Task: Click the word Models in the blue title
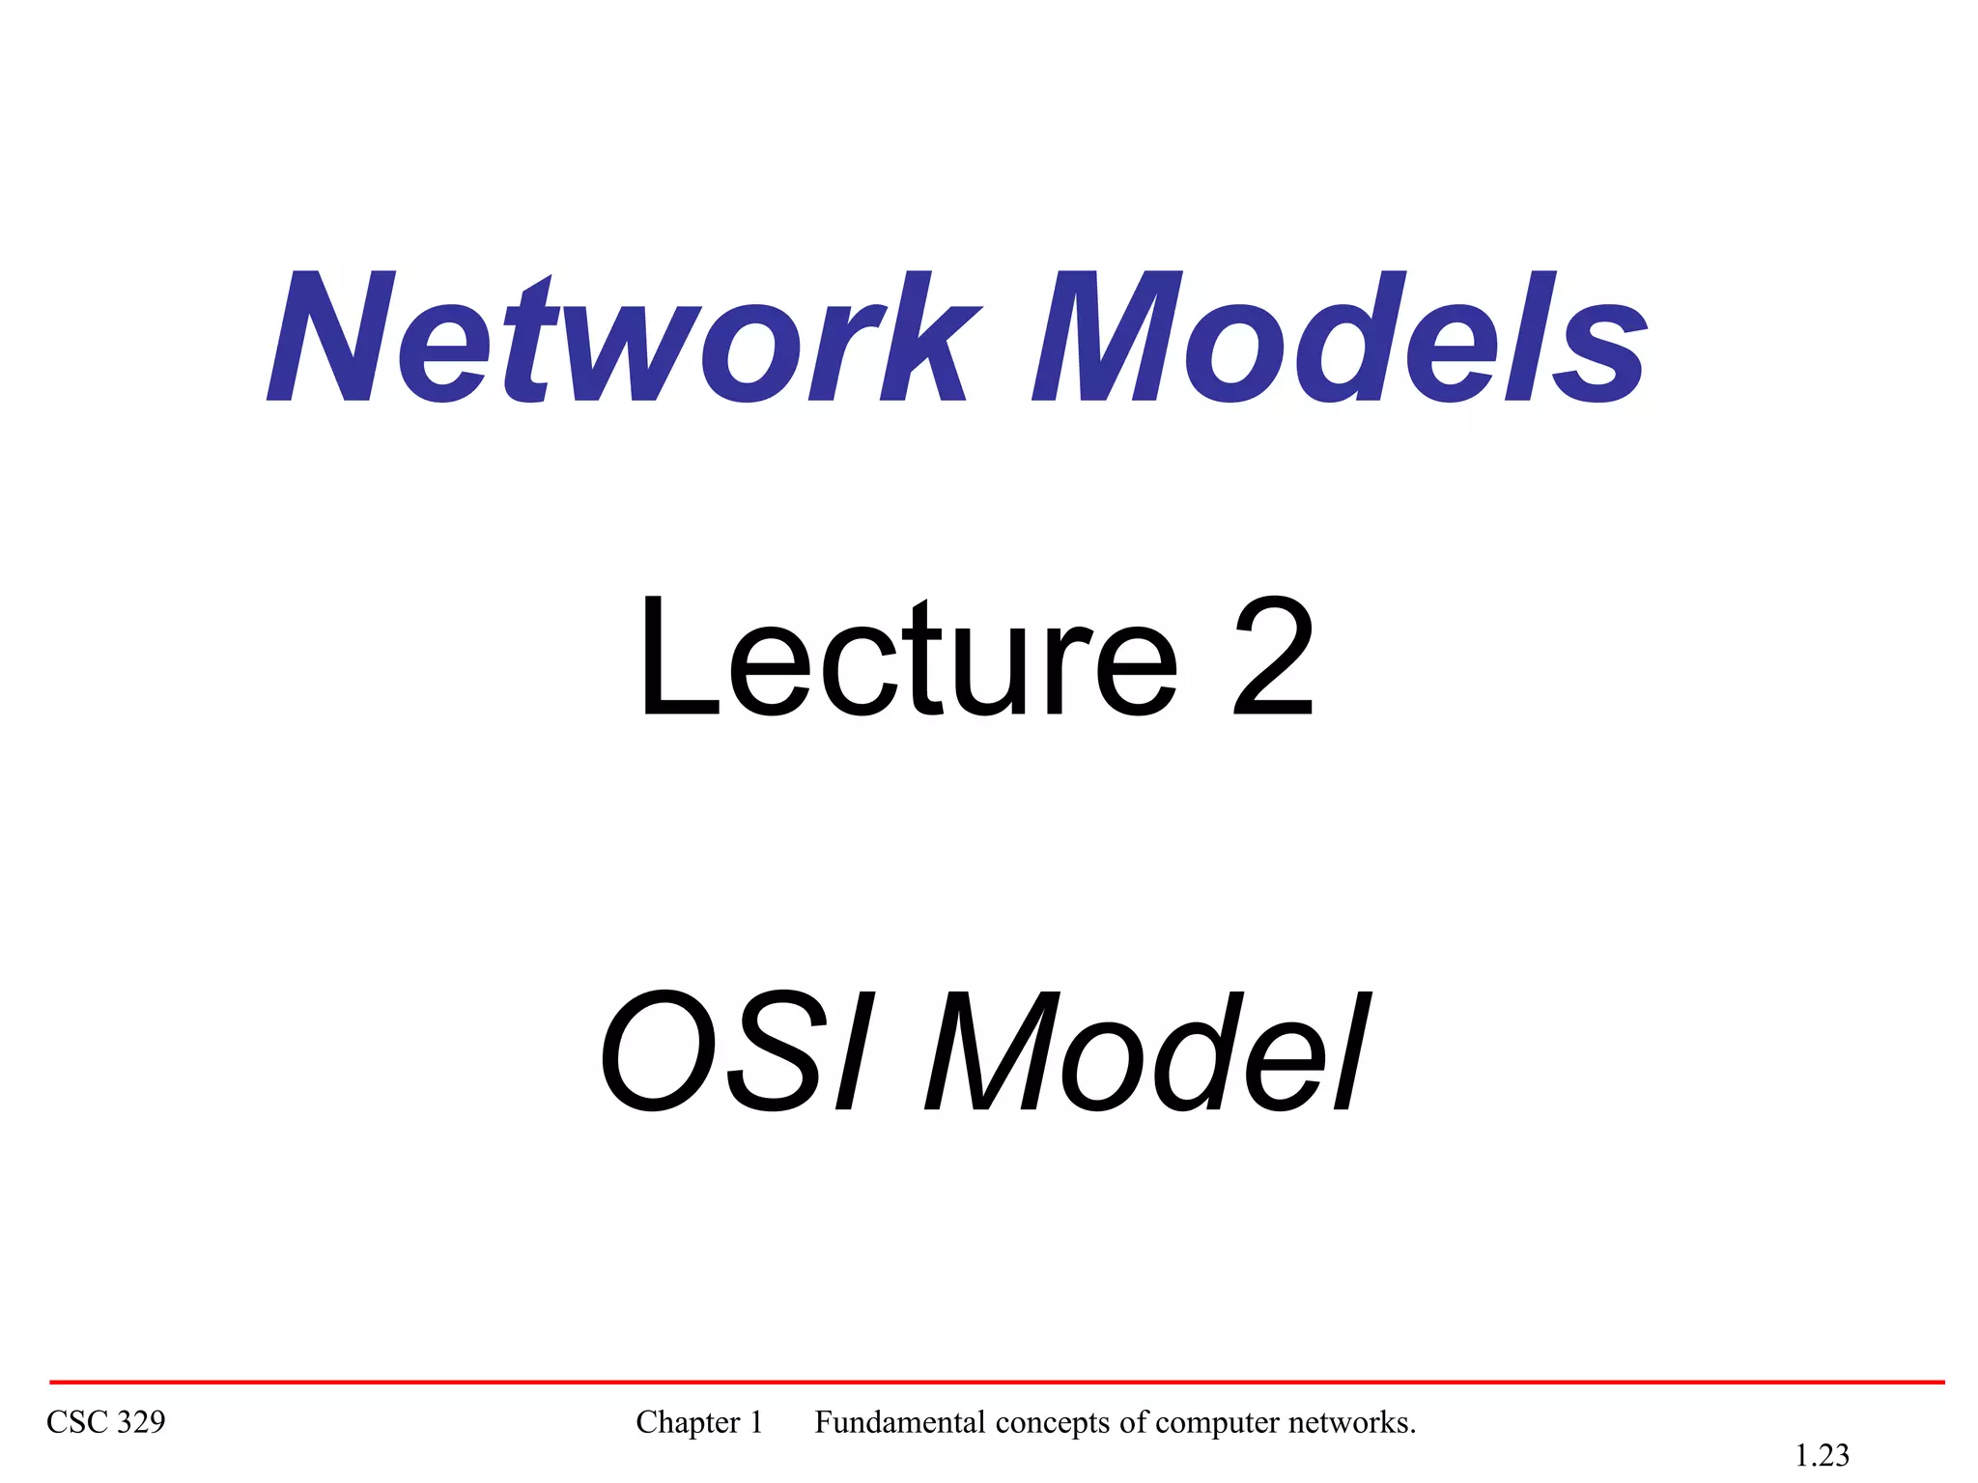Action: [1339, 338]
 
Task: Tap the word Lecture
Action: [908, 658]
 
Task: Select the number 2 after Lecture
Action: [1273, 658]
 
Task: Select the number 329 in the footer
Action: [141, 1422]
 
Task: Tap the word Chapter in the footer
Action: [688, 1422]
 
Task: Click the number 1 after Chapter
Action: [756, 1422]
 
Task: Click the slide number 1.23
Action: [1822, 1455]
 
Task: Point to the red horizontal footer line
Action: [995, 1382]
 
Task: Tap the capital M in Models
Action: [1106, 338]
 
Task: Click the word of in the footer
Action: [1134, 1422]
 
